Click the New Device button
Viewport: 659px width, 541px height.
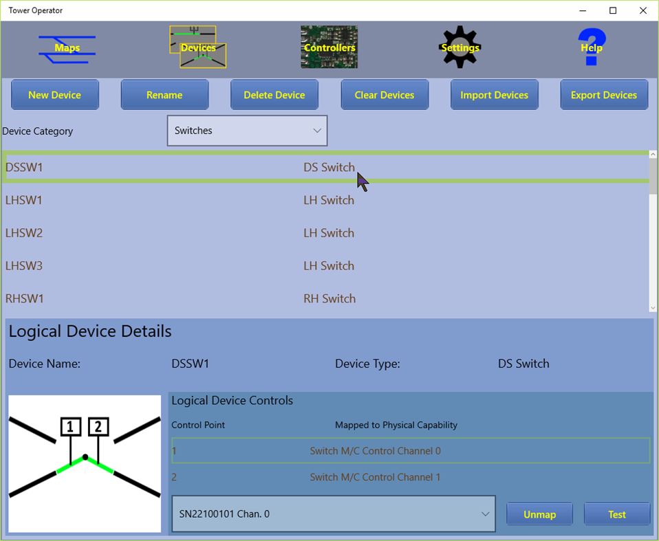point(55,95)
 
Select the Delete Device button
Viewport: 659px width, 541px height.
point(274,95)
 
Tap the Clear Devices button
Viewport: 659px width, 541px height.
point(385,95)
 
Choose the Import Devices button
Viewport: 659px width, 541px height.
point(495,95)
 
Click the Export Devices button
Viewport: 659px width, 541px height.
point(604,95)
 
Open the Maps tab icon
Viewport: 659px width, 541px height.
point(67,48)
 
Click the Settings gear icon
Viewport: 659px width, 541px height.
point(460,47)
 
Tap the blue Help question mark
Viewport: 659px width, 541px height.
point(592,47)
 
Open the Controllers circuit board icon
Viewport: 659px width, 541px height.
point(329,47)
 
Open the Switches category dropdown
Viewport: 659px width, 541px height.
point(247,131)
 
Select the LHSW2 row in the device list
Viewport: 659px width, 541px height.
point(24,233)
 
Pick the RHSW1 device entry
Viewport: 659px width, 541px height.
point(25,298)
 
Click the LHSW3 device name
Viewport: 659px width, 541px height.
point(24,266)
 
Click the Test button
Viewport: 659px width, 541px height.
point(617,514)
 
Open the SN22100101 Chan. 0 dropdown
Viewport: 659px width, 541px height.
point(333,514)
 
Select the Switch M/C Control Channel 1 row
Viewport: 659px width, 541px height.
point(375,477)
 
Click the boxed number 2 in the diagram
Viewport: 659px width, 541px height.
point(98,427)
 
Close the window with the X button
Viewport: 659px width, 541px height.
point(643,10)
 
